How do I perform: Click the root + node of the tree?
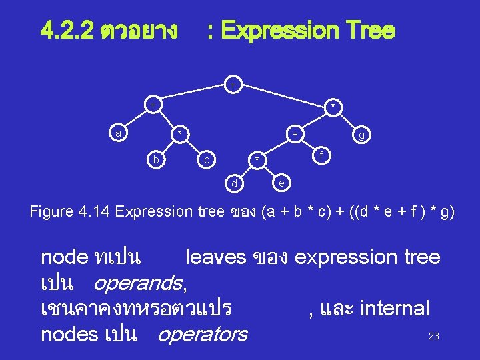[x=233, y=85]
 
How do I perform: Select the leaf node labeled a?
[x=118, y=133]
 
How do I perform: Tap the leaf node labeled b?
[x=155, y=160]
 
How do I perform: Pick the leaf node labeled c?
[x=207, y=160]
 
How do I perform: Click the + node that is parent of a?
[x=153, y=105]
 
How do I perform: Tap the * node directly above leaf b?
[x=178, y=134]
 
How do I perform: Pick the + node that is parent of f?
[x=294, y=135]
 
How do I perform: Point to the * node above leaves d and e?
[x=256, y=160]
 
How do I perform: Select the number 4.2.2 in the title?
[x=67, y=30]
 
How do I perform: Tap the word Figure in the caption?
[x=52, y=212]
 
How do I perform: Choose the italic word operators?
[x=202, y=333]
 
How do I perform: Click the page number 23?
[x=433, y=336]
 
